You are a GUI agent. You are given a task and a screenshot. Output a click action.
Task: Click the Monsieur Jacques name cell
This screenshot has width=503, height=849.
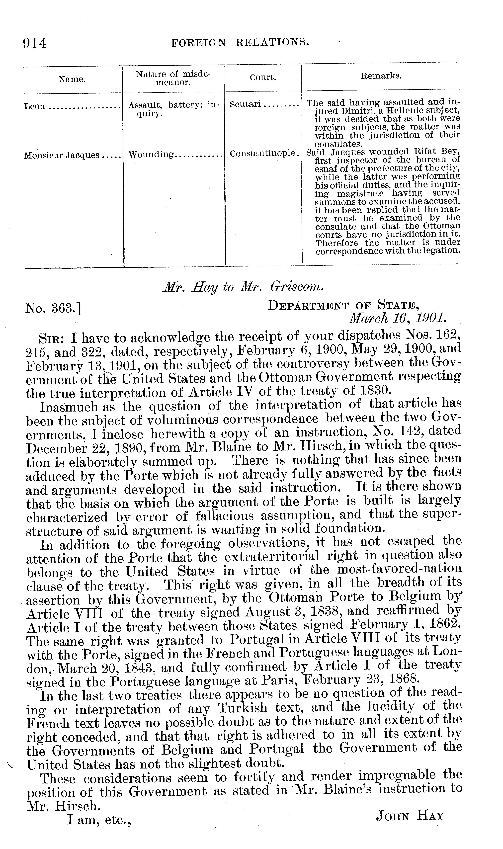tap(62, 156)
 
